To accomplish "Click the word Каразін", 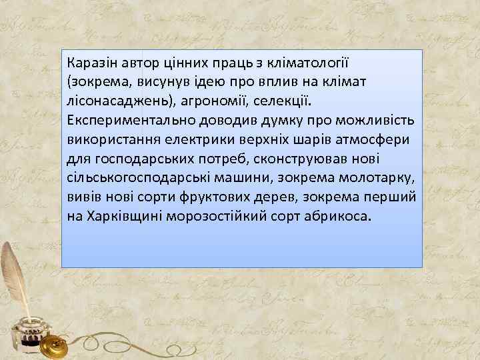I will (90, 63).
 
